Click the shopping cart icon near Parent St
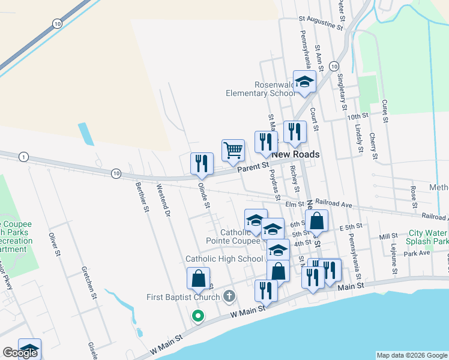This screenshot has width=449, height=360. pyautogui.click(x=233, y=149)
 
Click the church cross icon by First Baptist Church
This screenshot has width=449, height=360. pyautogui.click(x=228, y=296)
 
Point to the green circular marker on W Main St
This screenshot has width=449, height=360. pyautogui.click(x=197, y=315)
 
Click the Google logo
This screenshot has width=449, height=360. pyautogui.click(x=20, y=353)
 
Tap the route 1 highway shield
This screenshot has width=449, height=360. pyautogui.click(x=23, y=157)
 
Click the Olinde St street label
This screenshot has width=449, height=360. pyautogui.click(x=204, y=196)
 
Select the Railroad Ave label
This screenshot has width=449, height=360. pyautogui.click(x=333, y=203)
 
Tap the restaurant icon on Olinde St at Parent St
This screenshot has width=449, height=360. pyautogui.click(x=202, y=163)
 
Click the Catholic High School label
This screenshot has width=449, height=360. pyautogui.click(x=224, y=259)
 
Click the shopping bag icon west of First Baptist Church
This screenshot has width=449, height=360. pyautogui.click(x=198, y=278)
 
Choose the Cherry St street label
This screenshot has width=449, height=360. pyautogui.click(x=373, y=146)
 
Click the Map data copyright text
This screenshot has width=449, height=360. pyautogui.click(x=411, y=355)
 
